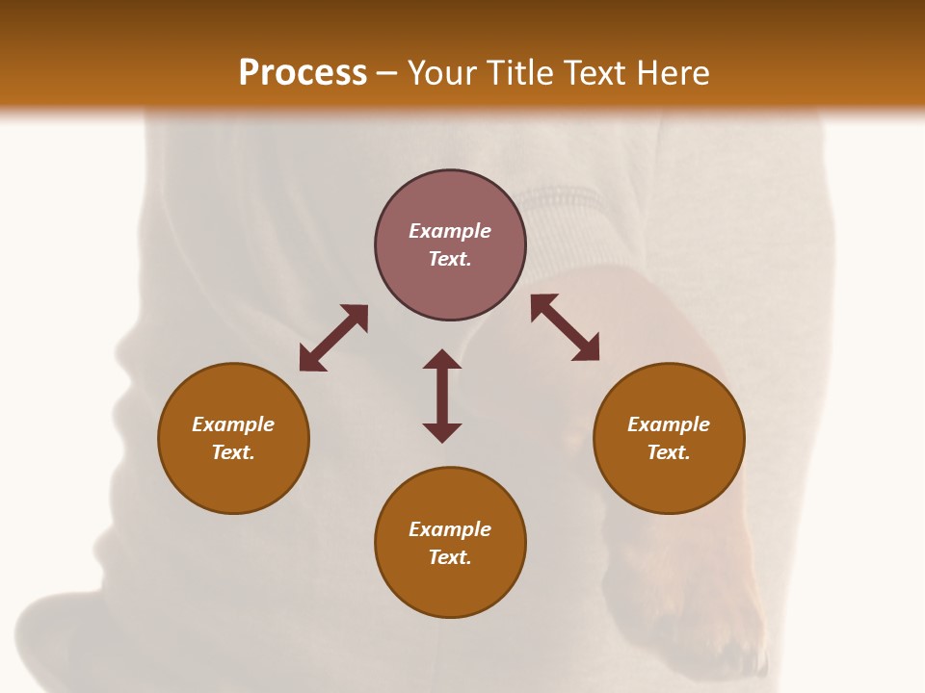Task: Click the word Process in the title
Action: pyautogui.click(x=303, y=73)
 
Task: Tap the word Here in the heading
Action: pyautogui.click(x=673, y=73)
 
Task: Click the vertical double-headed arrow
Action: pyautogui.click(x=442, y=396)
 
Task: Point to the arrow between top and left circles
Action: pyautogui.click(x=333, y=337)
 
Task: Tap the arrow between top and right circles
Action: pyautogui.click(x=566, y=327)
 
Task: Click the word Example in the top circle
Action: pyautogui.click(x=450, y=231)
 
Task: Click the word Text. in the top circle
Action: pyautogui.click(x=450, y=259)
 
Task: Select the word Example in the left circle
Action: pyautogui.click(x=233, y=424)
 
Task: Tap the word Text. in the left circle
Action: pyautogui.click(x=233, y=452)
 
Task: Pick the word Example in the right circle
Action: pyautogui.click(x=669, y=424)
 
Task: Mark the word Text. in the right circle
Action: pyautogui.click(x=669, y=452)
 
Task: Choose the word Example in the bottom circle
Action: pyautogui.click(x=450, y=529)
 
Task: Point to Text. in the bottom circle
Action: pyautogui.click(x=450, y=557)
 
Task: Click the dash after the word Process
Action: pyautogui.click(x=387, y=74)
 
